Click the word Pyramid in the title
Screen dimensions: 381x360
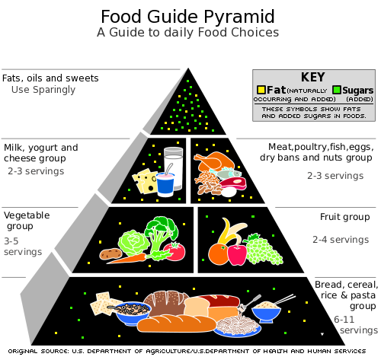239,18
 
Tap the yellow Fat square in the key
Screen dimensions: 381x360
261,90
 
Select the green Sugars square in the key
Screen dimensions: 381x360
337,90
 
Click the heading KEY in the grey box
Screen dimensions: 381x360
312,77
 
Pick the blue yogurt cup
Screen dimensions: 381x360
165,185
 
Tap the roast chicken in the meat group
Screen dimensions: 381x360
213,162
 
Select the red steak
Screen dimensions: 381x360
233,183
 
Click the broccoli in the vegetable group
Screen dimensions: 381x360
161,234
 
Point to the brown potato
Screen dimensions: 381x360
110,253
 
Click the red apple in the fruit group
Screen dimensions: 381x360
237,254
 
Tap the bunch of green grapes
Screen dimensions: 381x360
263,250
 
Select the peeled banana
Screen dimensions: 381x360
231,231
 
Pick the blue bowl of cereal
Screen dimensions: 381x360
133,313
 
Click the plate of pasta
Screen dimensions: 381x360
238,326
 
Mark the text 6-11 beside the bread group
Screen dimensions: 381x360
344,320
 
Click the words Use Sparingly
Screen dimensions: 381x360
43,90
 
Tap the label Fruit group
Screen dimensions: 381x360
344,217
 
